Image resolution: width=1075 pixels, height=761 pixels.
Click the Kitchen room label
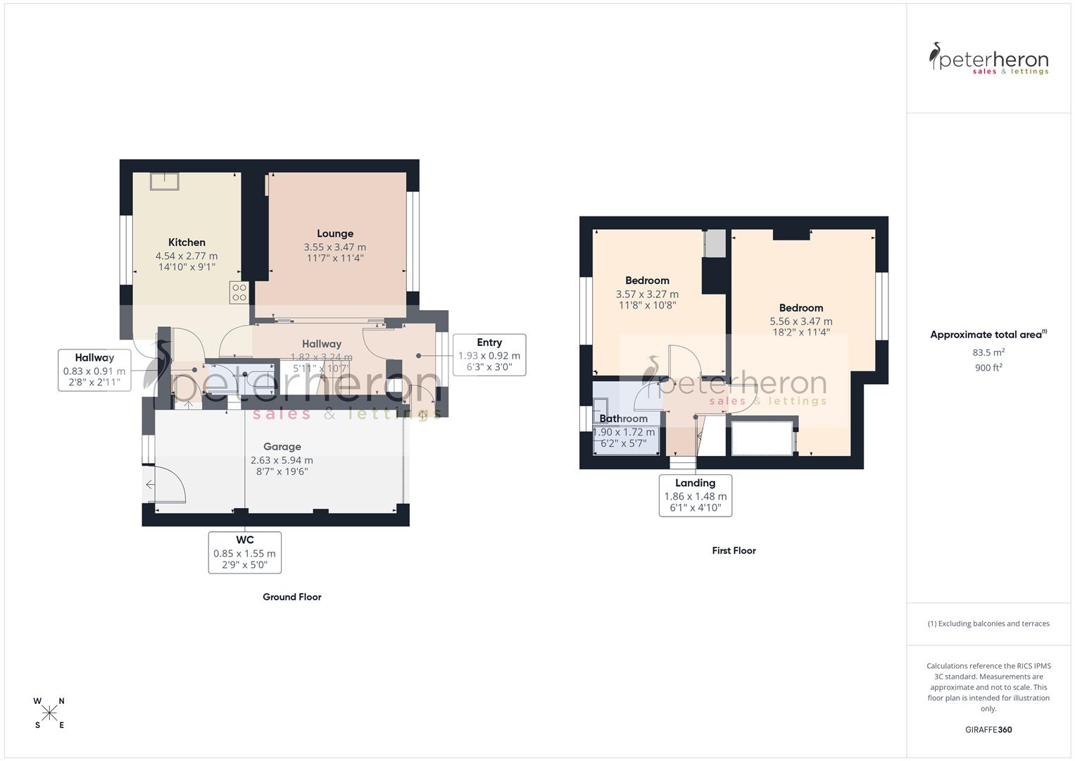(x=187, y=242)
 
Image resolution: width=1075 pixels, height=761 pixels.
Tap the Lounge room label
(x=335, y=234)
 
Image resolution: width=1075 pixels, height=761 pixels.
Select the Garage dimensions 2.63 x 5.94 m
(x=282, y=461)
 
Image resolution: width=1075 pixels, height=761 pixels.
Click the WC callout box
(x=244, y=552)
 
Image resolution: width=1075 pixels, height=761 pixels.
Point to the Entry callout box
(x=489, y=354)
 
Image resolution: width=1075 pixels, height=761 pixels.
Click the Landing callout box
(x=695, y=495)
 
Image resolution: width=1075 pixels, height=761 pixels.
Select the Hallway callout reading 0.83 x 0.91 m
(x=94, y=370)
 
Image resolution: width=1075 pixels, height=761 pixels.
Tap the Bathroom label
(x=624, y=419)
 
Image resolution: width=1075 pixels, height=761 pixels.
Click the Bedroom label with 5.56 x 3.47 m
(x=801, y=308)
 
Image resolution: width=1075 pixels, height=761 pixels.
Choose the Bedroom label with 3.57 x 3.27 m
(x=647, y=280)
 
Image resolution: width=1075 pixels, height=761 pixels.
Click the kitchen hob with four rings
(x=239, y=292)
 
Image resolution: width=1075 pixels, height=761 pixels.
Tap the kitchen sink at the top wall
(x=165, y=181)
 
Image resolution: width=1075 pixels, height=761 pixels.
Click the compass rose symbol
(x=49, y=713)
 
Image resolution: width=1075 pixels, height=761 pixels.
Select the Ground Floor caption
(x=292, y=597)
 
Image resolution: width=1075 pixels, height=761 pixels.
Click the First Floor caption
(x=734, y=551)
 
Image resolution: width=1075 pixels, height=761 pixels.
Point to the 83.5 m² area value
(x=988, y=352)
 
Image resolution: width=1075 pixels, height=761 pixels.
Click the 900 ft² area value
(x=988, y=368)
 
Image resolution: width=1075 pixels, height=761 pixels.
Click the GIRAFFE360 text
(x=988, y=730)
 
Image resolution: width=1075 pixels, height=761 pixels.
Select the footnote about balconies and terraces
(x=988, y=624)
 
